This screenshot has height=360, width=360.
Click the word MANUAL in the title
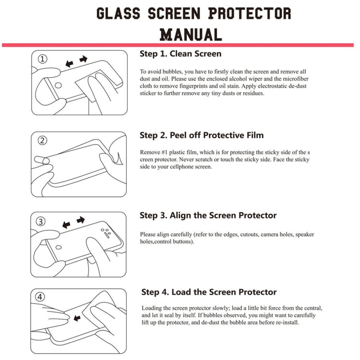[191, 35]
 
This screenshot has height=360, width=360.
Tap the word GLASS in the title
[118, 13]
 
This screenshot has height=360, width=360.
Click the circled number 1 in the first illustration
[42, 59]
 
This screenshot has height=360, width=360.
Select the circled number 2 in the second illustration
[42, 140]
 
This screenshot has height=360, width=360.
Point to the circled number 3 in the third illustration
[41, 222]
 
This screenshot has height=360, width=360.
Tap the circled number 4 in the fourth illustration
[40, 297]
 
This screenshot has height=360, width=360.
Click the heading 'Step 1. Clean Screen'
[180, 54]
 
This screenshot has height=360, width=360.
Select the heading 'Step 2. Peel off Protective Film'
[202, 135]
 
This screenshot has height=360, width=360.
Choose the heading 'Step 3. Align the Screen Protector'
[208, 216]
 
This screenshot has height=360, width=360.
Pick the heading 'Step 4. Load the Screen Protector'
[209, 292]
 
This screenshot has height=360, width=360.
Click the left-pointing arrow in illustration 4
[77, 318]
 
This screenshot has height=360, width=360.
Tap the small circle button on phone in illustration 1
[58, 85]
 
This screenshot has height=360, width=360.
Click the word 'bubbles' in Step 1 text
[172, 72]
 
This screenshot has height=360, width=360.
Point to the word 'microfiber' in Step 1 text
[296, 79]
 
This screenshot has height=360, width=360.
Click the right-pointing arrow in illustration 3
[81, 220]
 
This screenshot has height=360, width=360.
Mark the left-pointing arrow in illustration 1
[69, 63]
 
